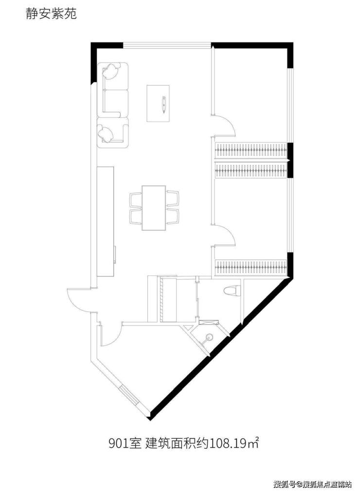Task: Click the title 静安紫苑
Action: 51,14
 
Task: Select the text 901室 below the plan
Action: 125,443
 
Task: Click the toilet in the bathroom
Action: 232,290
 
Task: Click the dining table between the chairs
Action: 154,208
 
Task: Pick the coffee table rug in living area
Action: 159,103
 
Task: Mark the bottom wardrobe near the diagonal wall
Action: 251,266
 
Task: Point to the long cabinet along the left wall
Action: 106,221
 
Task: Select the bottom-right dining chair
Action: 172,217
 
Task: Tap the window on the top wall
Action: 167,45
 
